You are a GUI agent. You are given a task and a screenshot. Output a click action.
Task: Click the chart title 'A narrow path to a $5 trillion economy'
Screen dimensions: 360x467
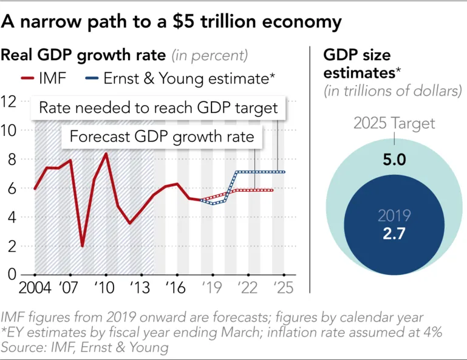[x=171, y=22]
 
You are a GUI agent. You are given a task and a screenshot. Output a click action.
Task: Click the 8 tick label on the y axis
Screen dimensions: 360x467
[x=11, y=159]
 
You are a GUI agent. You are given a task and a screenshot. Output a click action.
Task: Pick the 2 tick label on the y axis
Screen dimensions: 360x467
[x=11, y=246]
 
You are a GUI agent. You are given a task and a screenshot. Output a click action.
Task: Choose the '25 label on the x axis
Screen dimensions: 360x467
[x=282, y=287]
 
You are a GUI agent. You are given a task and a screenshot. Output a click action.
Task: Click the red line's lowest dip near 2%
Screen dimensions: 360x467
[x=83, y=246]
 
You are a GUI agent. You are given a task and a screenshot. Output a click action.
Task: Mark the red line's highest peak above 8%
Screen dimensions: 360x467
[x=106, y=154]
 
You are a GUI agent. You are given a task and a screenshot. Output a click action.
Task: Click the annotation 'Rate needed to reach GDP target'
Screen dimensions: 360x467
[x=158, y=108]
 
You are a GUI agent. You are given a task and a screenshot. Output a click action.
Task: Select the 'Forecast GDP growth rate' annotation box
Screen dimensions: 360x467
[x=162, y=137]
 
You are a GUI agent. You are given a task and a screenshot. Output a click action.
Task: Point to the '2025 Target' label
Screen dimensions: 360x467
[x=395, y=124]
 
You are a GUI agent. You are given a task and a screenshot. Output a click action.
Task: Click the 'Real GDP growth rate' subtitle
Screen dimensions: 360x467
[x=84, y=56]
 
